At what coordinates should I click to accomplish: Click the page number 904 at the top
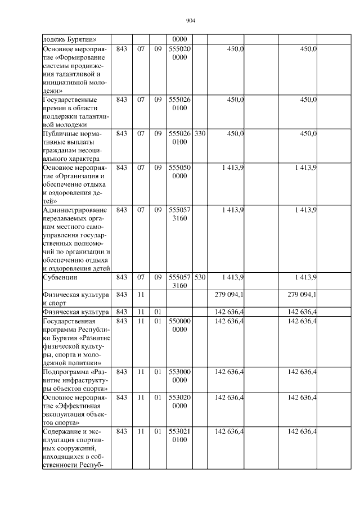click(190, 21)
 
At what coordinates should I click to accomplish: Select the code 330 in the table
click(199, 134)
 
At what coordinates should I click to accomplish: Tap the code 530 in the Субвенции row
click(199, 277)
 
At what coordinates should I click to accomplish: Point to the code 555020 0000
click(179, 53)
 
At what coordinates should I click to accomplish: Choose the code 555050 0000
click(179, 172)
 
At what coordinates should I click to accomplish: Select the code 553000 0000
click(179, 376)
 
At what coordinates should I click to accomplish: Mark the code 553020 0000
click(179, 402)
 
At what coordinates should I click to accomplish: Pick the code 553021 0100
click(179, 435)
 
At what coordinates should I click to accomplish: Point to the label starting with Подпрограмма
click(75, 380)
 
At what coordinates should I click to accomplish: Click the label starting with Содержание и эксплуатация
click(75, 449)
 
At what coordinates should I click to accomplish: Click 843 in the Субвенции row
click(121, 277)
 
